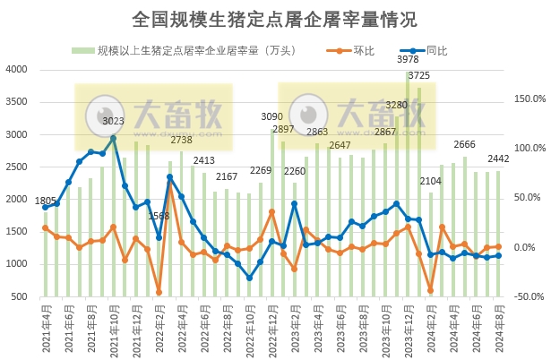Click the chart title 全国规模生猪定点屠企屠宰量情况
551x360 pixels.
pos(274,19)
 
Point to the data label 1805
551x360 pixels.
pos(45,201)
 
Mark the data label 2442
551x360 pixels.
pos(498,159)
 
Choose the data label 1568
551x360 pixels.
pos(159,216)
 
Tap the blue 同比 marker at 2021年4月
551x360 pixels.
pos(46,208)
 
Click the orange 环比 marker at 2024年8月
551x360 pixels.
pos(498,246)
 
